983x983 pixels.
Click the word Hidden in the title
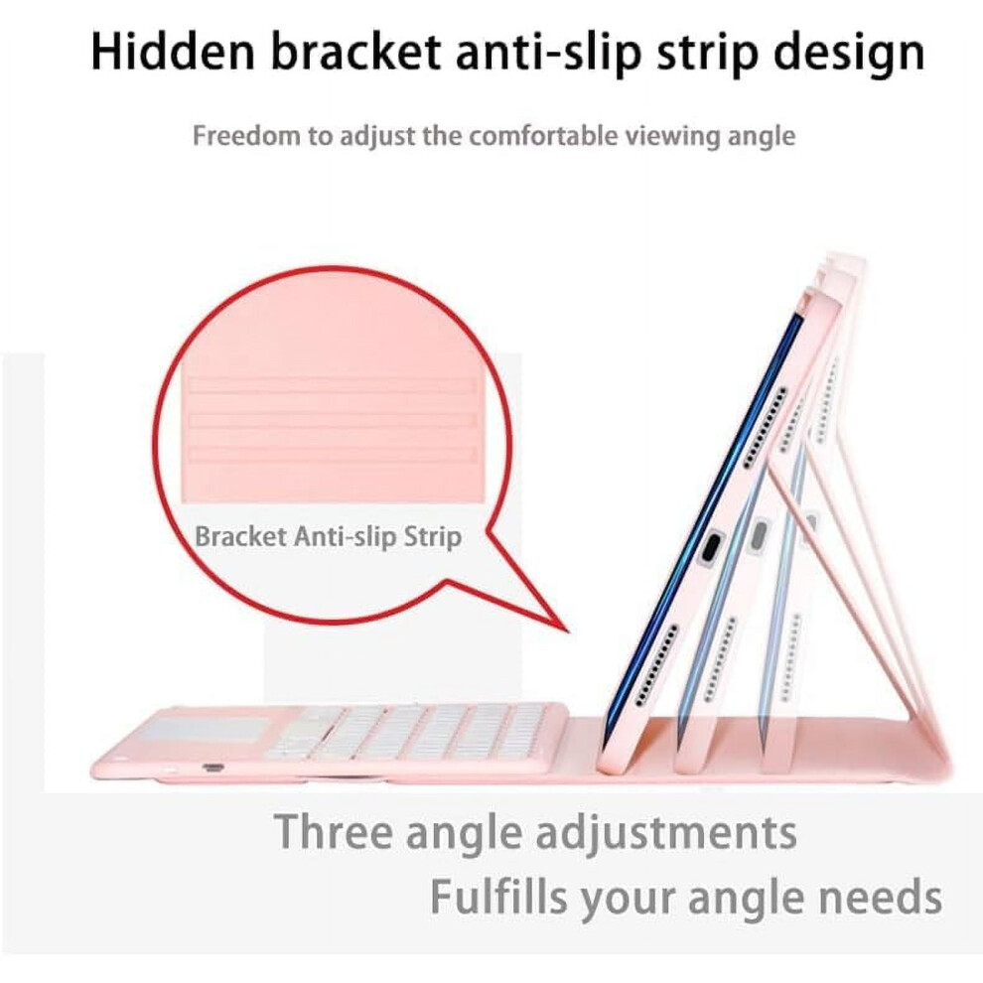tap(173, 51)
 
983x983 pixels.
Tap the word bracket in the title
tap(355, 51)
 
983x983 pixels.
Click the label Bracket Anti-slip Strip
tap(329, 537)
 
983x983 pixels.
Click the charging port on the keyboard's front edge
tap(212, 768)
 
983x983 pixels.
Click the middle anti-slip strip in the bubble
tap(332, 420)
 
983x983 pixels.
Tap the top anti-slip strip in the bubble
tap(332, 385)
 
